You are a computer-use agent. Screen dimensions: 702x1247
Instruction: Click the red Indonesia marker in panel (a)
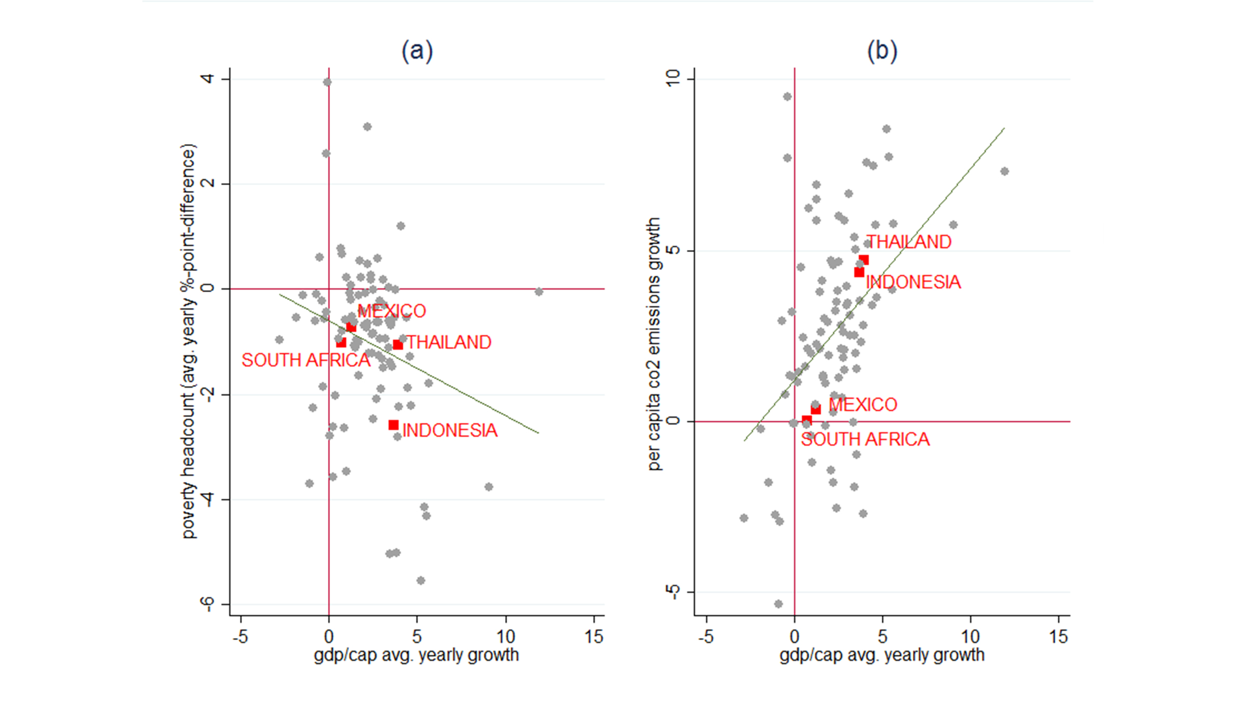point(393,425)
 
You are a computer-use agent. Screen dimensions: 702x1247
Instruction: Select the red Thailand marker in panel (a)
point(398,345)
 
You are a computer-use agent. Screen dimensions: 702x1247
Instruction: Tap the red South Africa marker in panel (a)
point(341,343)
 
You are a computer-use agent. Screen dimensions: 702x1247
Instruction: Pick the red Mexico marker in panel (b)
point(816,410)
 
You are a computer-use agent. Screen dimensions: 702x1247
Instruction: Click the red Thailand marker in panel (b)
point(864,260)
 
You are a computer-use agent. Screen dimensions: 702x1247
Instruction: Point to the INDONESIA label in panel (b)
point(913,282)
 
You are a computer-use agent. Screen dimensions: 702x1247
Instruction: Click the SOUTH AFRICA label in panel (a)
point(306,360)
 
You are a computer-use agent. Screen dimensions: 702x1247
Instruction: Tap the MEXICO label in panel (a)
point(392,311)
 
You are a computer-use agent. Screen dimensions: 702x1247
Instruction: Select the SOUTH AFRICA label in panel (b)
point(865,439)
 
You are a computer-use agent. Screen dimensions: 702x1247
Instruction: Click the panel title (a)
point(417,51)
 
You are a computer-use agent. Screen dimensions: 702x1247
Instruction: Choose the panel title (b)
point(882,51)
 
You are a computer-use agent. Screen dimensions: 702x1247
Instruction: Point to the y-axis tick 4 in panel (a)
point(208,79)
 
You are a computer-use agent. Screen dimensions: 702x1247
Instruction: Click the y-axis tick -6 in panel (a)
point(208,604)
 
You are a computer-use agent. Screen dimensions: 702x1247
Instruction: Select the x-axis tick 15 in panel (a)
point(594,636)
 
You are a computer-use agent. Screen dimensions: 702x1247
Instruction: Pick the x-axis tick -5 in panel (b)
point(706,636)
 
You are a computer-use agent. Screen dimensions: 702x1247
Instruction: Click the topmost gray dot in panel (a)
point(327,82)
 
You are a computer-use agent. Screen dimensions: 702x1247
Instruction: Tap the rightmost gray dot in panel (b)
point(1004,171)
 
